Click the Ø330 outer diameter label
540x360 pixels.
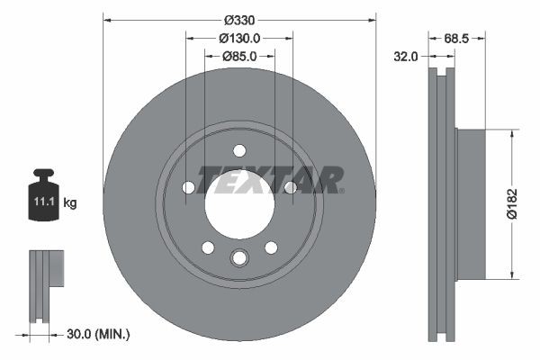[x=238, y=19]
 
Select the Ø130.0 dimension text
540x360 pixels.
[x=238, y=38]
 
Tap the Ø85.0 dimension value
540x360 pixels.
[x=238, y=56]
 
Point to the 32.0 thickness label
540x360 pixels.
[x=407, y=56]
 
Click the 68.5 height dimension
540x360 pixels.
[x=459, y=38]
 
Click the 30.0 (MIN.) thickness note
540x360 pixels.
[x=100, y=334]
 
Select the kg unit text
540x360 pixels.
[x=70, y=203]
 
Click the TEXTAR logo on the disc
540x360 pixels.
[x=270, y=179]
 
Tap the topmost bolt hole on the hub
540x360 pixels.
[x=238, y=150]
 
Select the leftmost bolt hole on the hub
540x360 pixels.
[x=188, y=187]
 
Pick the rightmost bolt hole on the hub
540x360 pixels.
[x=290, y=187]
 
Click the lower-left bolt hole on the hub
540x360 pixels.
[x=208, y=247]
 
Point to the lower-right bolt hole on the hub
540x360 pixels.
[x=270, y=247]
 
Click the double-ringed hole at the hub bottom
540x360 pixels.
[x=238, y=258]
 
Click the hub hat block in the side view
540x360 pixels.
[x=470, y=203]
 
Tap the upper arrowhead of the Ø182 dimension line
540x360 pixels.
[x=513, y=134]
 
